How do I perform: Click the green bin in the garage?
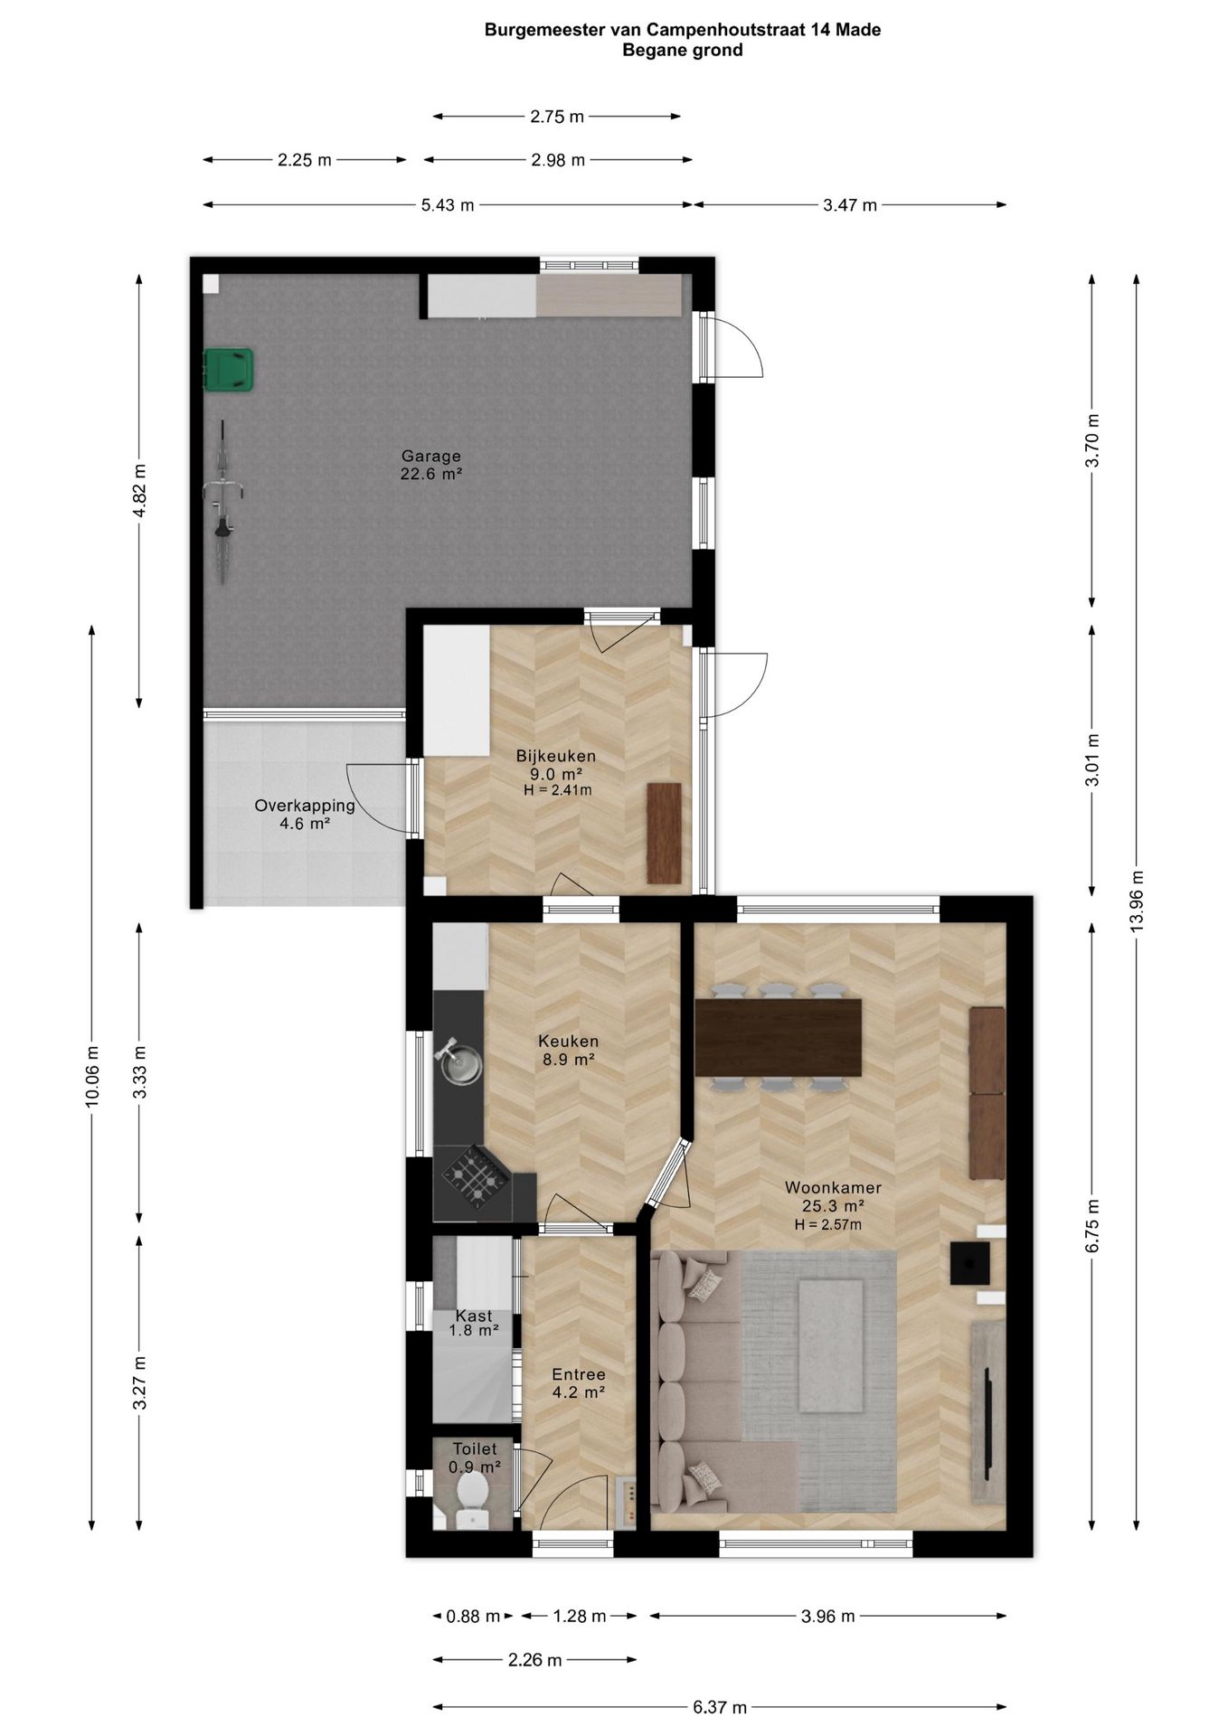click(x=229, y=371)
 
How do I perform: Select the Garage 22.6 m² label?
click(x=431, y=465)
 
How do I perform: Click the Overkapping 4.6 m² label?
click(x=305, y=815)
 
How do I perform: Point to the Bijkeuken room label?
click(x=556, y=756)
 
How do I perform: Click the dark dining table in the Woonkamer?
click(x=778, y=1037)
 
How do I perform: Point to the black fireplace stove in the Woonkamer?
click(x=968, y=1263)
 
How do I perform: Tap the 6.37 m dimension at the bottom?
click(x=720, y=1707)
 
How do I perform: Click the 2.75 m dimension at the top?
click(x=557, y=116)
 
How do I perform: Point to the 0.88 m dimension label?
click(x=473, y=1616)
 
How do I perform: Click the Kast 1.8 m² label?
click(x=474, y=1323)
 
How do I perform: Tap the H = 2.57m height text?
click(x=828, y=1225)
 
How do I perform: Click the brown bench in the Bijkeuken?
click(x=664, y=833)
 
